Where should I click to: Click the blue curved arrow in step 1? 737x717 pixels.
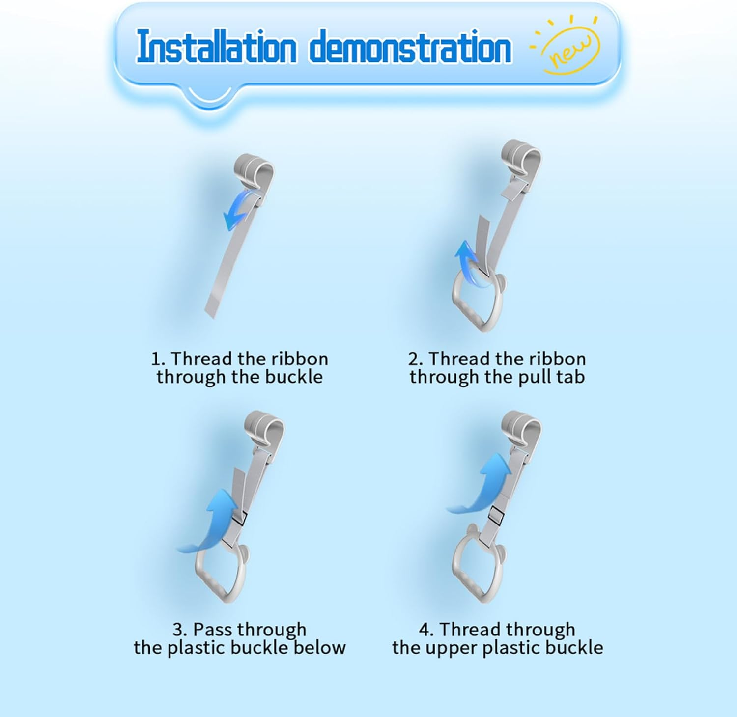click(238, 210)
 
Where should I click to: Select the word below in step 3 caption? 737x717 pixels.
click(320, 647)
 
